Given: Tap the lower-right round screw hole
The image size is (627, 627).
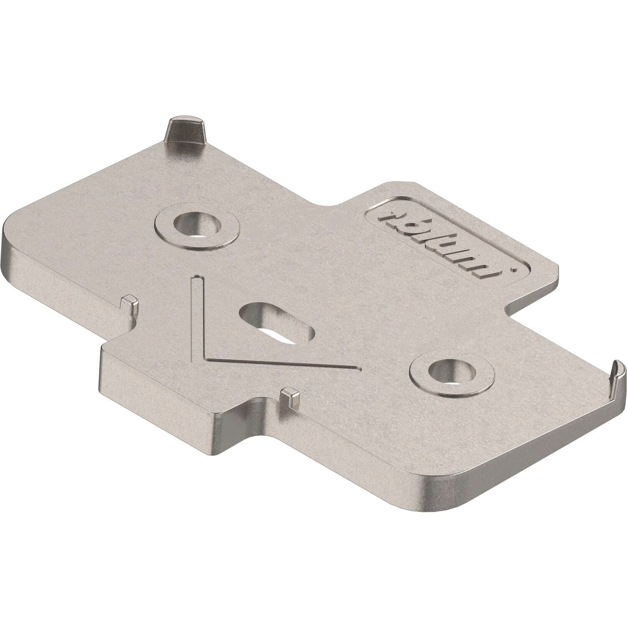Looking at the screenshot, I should (447, 370).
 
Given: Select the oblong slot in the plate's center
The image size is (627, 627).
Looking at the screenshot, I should (276, 323).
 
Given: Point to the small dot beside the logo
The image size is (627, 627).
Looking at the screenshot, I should (509, 269).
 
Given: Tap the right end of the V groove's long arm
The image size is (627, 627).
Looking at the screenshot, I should (358, 368).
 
